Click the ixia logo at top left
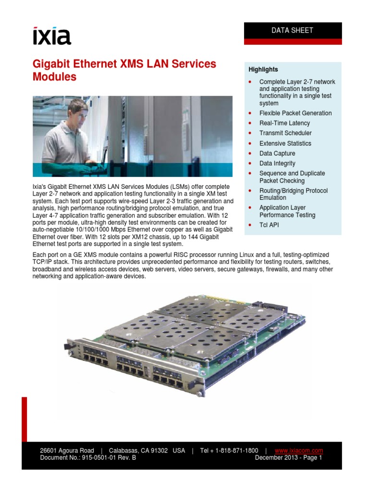tap(51, 37)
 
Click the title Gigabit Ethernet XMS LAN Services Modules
tap(124, 70)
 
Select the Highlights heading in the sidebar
tap(263, 70)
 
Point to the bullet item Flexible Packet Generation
tap(295, 113)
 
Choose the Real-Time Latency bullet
tap(284, 123)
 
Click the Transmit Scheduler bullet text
tap(285, 133)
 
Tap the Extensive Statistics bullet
tap(285, 144)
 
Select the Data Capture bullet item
tap(277, 154)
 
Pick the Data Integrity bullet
tap(277, 164)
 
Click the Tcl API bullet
tap(269, 225)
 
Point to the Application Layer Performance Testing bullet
tap(287, 211)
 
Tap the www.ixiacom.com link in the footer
tap(298, 451)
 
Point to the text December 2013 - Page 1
tap(288, 458)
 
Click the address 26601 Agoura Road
tap(67, 451)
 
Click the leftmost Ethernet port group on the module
tap(94, 363)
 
